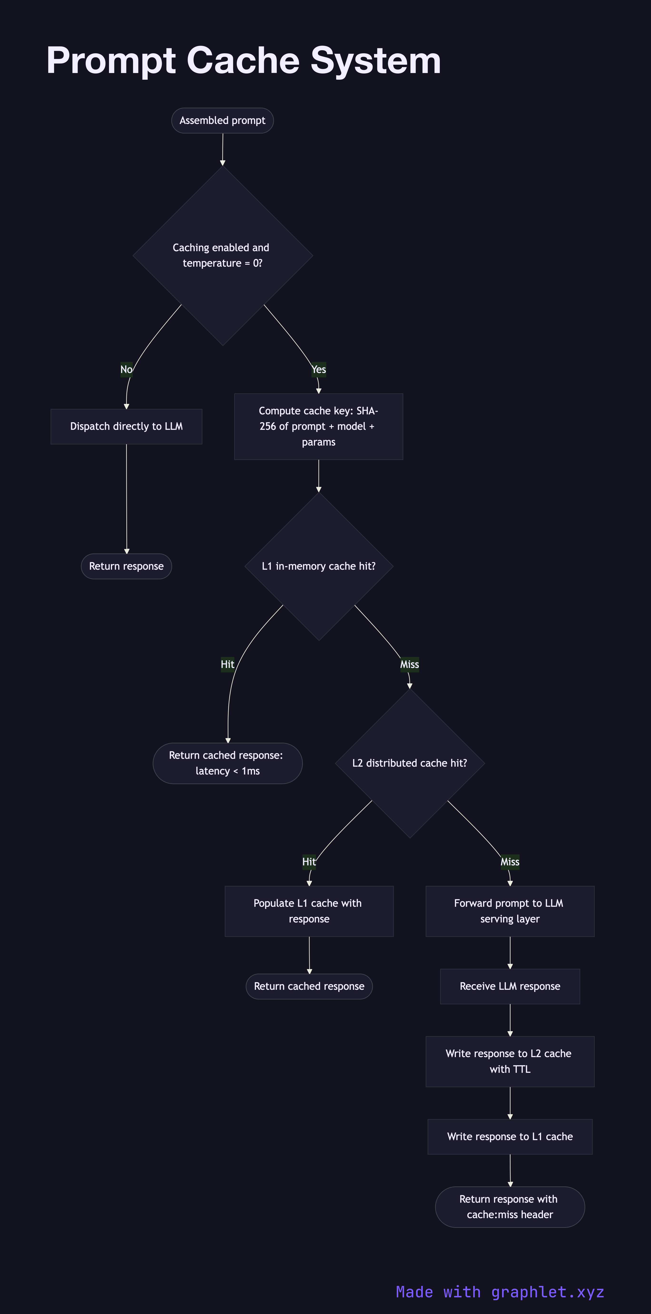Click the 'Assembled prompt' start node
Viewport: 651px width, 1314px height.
pyautogui.click(x=222, y=120)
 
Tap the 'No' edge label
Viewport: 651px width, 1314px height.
pyautogui.click(x=126, y=369)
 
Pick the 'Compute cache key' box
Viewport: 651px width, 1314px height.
pyautogui.click(x=318, y=427)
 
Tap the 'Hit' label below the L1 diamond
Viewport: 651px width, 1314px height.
pyautogui.click(x=227, y=664)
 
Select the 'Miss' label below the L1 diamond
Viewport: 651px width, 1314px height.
pyautogui.click(x=409, y=664)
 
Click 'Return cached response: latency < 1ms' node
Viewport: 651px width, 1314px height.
pyautogui.click(x=227, y=763)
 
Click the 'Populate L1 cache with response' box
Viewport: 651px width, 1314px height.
pyautogui.click(x=309, y=911)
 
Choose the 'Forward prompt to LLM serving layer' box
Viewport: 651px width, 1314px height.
pyautogui.click(x=510, y=911)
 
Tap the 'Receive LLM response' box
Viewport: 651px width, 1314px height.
pyautogui.click(x=510, y=986)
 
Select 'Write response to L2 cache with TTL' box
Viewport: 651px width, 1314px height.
pyautogui.click(x=510, y=1062)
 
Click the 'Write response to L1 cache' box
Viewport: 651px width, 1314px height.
pyautogui.click(x=510, y=1137)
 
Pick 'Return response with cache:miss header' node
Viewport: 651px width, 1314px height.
pyautogui.click(x=510, y=1207)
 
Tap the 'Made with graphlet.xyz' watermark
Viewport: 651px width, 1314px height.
pyautogui.click(x=500, y=1292)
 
